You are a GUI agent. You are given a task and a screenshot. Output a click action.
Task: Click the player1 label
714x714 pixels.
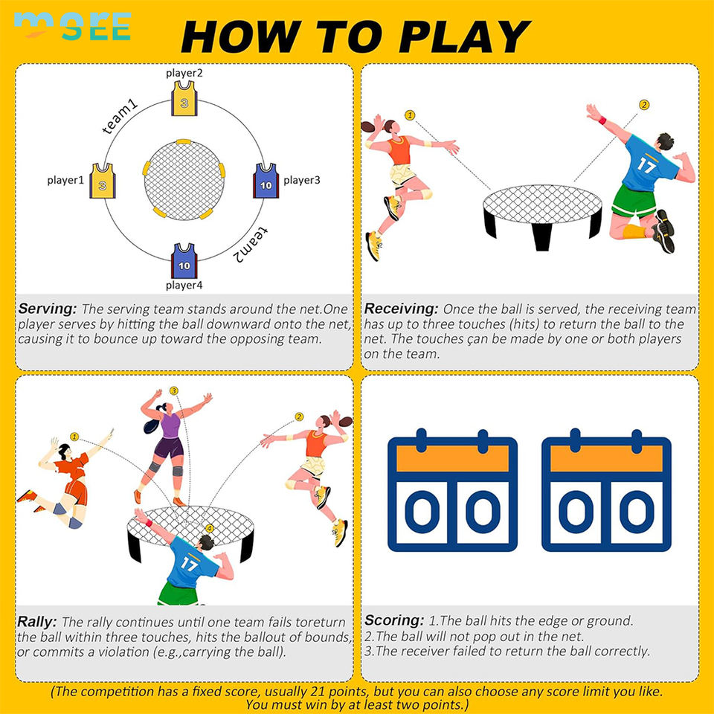(65, 180)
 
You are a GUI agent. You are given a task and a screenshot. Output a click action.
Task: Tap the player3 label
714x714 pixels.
(302, 180)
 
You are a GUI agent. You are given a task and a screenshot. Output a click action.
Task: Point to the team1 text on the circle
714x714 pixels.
(120, 118)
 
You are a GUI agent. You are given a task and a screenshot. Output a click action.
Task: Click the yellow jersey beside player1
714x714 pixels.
(103, 181)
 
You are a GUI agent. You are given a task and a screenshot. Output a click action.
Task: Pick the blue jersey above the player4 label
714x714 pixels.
(184, 261)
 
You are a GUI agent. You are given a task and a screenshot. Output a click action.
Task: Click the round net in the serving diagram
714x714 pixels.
(184, 180)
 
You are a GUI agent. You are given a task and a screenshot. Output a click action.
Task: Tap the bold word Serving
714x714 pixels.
(48, 309)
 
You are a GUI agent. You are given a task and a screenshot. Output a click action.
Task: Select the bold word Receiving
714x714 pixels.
(401, 309)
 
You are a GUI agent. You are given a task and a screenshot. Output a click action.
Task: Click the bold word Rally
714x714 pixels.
(37, 622)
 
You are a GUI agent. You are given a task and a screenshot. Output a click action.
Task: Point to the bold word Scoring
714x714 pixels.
(394, 620)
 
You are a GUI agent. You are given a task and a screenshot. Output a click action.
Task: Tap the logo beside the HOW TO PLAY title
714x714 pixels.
(73, 26)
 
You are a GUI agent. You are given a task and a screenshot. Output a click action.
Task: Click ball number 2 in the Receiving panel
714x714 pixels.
(644, 105)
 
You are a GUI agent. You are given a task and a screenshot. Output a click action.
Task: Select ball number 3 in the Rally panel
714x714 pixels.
(174, 390)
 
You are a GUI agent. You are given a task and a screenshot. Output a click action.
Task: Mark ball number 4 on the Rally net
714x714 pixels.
(210, 528)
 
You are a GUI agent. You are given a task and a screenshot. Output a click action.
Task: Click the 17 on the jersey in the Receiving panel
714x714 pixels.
(646, 164)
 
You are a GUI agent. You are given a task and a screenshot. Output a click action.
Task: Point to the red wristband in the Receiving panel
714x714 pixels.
(602, 120)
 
